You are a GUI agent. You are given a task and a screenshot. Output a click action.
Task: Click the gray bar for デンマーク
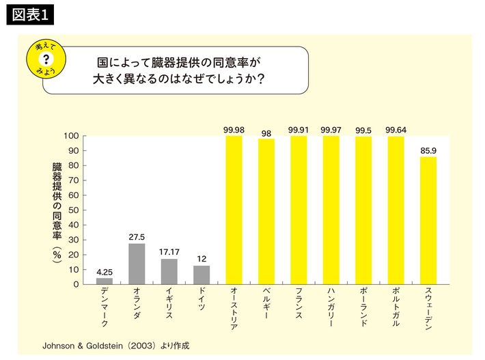(105, 281)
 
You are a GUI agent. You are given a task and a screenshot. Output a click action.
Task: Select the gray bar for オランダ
(137, 264)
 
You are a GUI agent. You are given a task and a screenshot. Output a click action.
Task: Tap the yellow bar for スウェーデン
(428, 220)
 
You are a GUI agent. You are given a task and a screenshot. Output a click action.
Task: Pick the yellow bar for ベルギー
(266, 211)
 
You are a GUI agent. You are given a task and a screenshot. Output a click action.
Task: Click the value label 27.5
(137, 237)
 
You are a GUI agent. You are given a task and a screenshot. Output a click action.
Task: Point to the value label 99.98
(234, 129)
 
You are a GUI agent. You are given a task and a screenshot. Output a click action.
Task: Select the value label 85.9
(428, 150)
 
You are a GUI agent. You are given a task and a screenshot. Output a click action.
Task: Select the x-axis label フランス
(299, 306)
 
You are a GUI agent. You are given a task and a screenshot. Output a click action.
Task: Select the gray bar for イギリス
(169, 271)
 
